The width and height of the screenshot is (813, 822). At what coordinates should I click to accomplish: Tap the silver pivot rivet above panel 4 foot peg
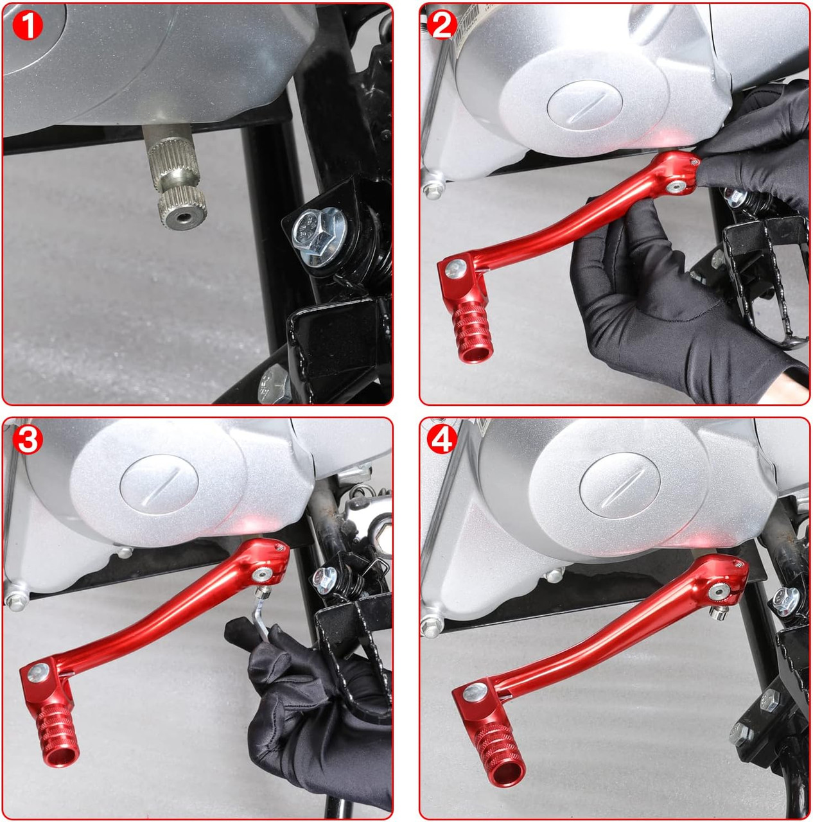(475, 692)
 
